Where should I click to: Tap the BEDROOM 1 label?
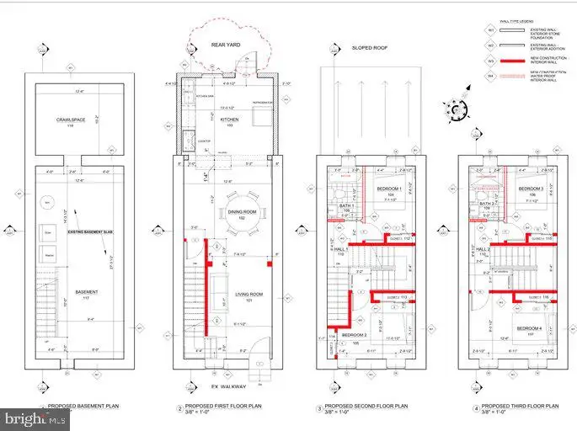coord(387,189)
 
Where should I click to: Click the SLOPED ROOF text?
coord(367,49)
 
